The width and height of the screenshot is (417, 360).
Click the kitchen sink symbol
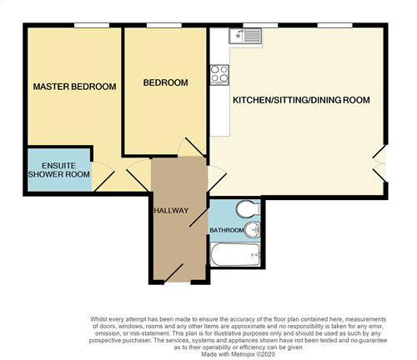point(248,36)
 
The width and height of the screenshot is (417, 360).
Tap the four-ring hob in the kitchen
point(220,73)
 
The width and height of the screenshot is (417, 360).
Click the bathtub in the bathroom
point(236,253)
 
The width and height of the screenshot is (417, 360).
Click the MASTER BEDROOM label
point(73,87)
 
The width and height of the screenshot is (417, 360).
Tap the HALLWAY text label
point(171,210)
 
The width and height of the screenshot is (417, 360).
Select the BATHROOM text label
point(227,230)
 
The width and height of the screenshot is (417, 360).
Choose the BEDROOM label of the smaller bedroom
point(165,82)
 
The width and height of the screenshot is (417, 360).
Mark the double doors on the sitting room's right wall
point(380,162)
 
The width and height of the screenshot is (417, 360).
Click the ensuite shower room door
point(104,177)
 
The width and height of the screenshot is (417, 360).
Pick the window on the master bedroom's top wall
point(86,25)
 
